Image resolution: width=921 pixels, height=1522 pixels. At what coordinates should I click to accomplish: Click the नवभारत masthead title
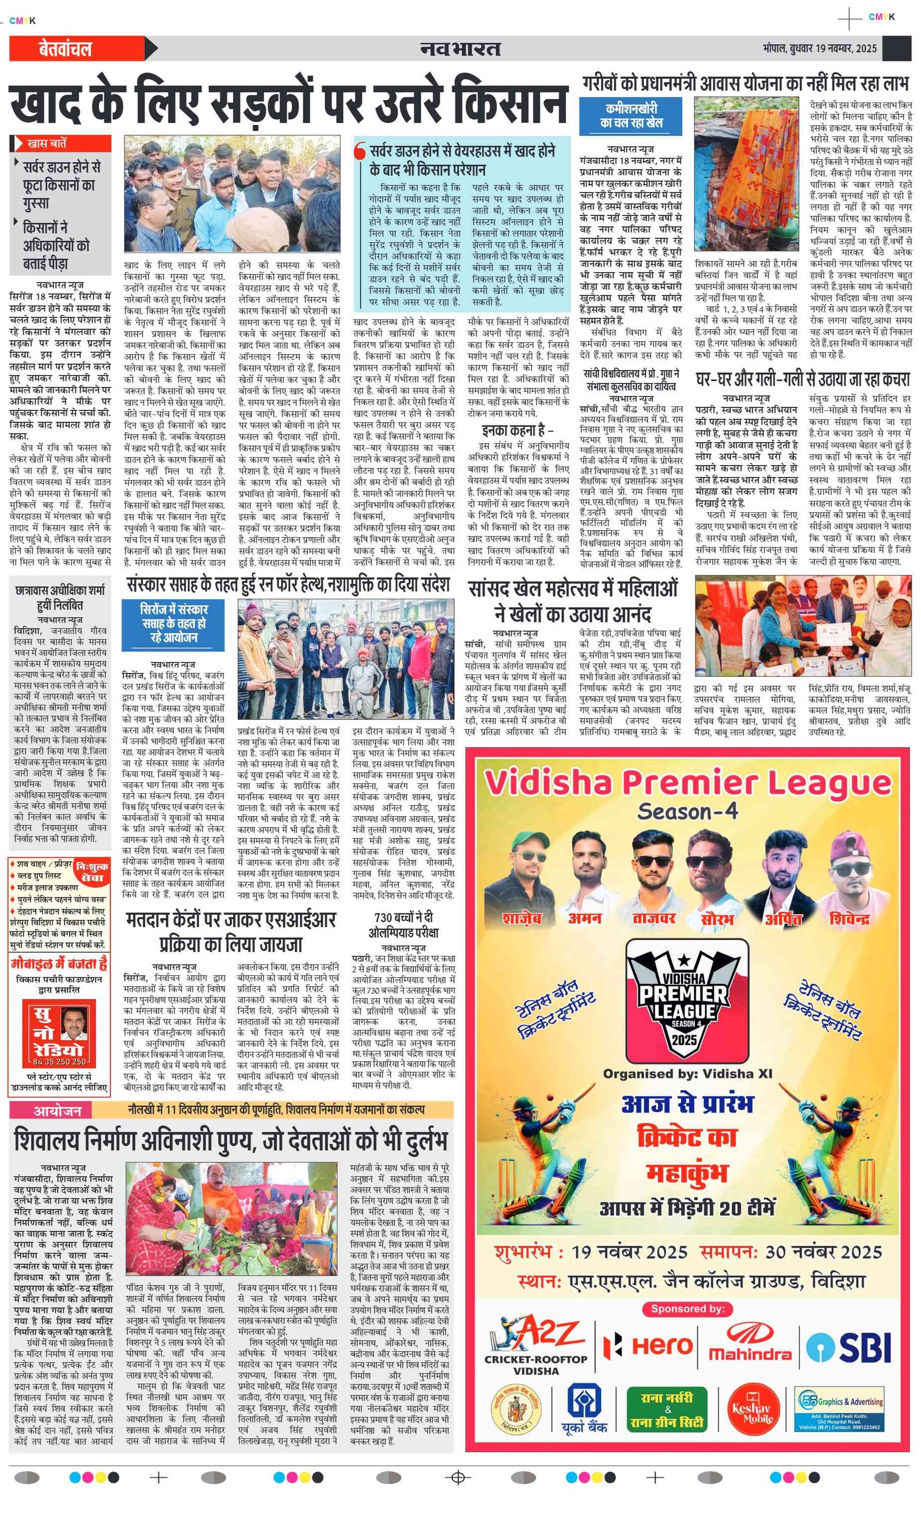tap(460, 48)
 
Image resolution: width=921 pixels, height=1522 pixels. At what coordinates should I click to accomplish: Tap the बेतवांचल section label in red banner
tap(65, 49)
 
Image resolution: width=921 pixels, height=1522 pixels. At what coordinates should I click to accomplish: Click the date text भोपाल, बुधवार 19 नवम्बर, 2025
tap(819, 48)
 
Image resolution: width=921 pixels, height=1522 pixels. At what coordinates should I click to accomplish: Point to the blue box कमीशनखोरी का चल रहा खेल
tap(631, 116)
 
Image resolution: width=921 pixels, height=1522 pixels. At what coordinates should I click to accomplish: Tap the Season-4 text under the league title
tap(687, 811)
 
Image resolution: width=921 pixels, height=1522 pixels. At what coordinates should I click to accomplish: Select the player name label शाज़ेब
tap(522, 918)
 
